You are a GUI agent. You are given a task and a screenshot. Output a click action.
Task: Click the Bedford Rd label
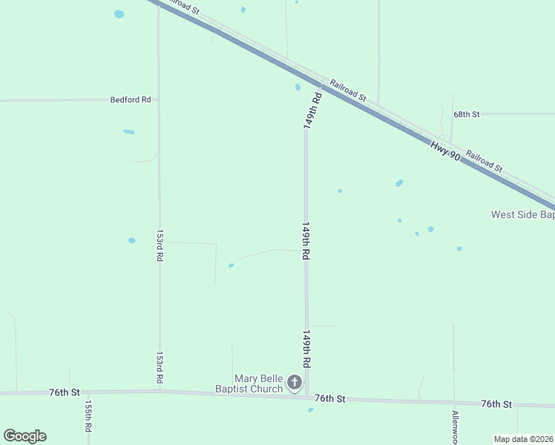click(131, 99)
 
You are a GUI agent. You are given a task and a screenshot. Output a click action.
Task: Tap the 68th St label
click(467, 114)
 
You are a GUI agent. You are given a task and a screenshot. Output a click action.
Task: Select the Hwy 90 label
click(445, 152)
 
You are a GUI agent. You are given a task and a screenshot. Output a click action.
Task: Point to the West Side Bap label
click(522, 215)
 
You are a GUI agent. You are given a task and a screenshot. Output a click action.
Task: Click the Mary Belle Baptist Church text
click(249, 383)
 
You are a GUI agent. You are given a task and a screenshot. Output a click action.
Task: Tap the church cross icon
click(295, 383)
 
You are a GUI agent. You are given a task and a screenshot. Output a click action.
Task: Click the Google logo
click(24, 436)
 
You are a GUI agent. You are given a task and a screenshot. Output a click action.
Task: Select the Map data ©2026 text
click(524, 439)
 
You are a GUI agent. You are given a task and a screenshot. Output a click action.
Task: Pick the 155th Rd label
click(88, 417)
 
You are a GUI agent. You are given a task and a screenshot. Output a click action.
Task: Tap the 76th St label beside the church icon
click(329, 399)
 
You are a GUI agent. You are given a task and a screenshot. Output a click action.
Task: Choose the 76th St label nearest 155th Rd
click(64, 392)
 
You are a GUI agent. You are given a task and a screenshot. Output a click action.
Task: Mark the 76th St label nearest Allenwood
click(496, 404)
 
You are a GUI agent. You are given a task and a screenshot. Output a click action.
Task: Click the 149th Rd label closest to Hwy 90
click(313, 110)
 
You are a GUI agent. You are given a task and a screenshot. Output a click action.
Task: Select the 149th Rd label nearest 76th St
click(306, 349)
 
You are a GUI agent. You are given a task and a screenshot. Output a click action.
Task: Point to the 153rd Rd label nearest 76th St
click(160, 367)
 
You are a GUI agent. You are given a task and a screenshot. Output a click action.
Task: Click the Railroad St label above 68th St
click(348, 90)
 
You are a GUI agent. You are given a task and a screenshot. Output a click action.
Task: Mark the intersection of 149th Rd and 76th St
click(306, 397)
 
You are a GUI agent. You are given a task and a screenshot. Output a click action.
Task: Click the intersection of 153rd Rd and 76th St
click(160, 392)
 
